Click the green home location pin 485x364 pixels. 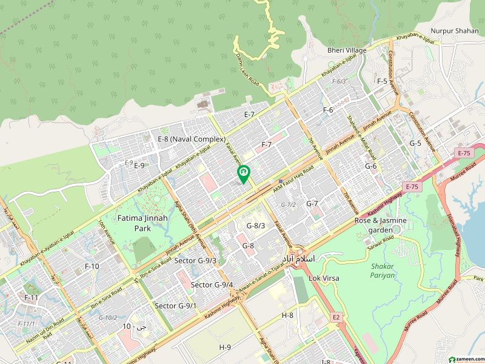[x=244, y=174]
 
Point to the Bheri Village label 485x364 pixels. [x=347, y=50]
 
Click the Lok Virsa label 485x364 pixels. [x=324, y=278]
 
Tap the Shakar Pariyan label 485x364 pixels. [x=383, y=270]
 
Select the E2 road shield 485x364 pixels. [x=335, y=317]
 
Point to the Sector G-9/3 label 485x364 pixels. [x=195, y=261]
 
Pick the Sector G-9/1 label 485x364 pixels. [x=176, y=306]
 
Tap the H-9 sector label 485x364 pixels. [x=225, y=347]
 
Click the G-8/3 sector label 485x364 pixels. [x=256, y=226]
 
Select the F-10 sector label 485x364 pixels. [x=92, y=266]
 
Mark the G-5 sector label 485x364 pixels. [x=415, y=143]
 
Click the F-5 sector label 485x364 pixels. [x=382, y=81]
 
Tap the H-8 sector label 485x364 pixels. [x=287, y=315]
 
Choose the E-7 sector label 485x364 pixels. [x=249, y=115]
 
